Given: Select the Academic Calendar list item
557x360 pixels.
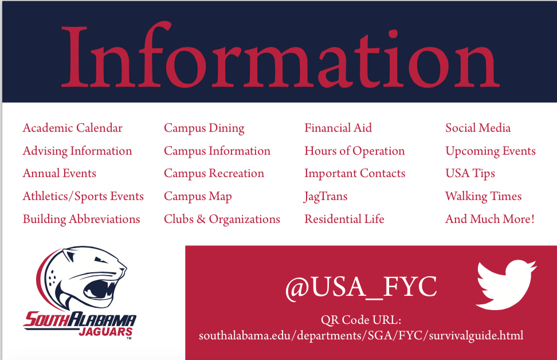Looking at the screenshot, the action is click(72, 128).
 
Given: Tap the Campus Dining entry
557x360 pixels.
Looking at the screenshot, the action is click(204, 128).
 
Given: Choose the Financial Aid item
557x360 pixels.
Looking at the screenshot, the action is click(338, 128).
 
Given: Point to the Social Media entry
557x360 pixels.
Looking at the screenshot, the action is click(478, 128).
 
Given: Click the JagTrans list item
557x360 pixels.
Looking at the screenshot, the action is click(325, 197).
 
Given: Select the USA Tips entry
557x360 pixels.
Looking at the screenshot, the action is click(470, 174).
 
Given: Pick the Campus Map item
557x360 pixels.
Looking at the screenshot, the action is click(198, 197).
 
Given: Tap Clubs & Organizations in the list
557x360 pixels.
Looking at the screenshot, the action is click(222, 220).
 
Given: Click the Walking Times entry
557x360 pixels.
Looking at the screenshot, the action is click(484, 197).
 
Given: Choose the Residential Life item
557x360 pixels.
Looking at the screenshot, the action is click(344, 219).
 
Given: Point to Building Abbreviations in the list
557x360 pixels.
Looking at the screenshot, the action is click(81, 220).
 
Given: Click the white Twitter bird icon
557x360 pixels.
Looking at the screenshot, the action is click(506, 285).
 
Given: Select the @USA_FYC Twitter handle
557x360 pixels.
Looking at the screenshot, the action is click(361, 287).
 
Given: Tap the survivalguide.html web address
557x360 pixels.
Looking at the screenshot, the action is click(361, 336).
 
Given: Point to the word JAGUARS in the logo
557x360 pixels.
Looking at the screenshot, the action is click(105, 332).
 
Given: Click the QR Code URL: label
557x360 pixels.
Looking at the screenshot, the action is click(361, 320).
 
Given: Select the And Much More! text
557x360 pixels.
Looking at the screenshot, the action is click(490, 219).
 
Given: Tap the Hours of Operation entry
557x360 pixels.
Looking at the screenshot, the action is click(355, 151).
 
